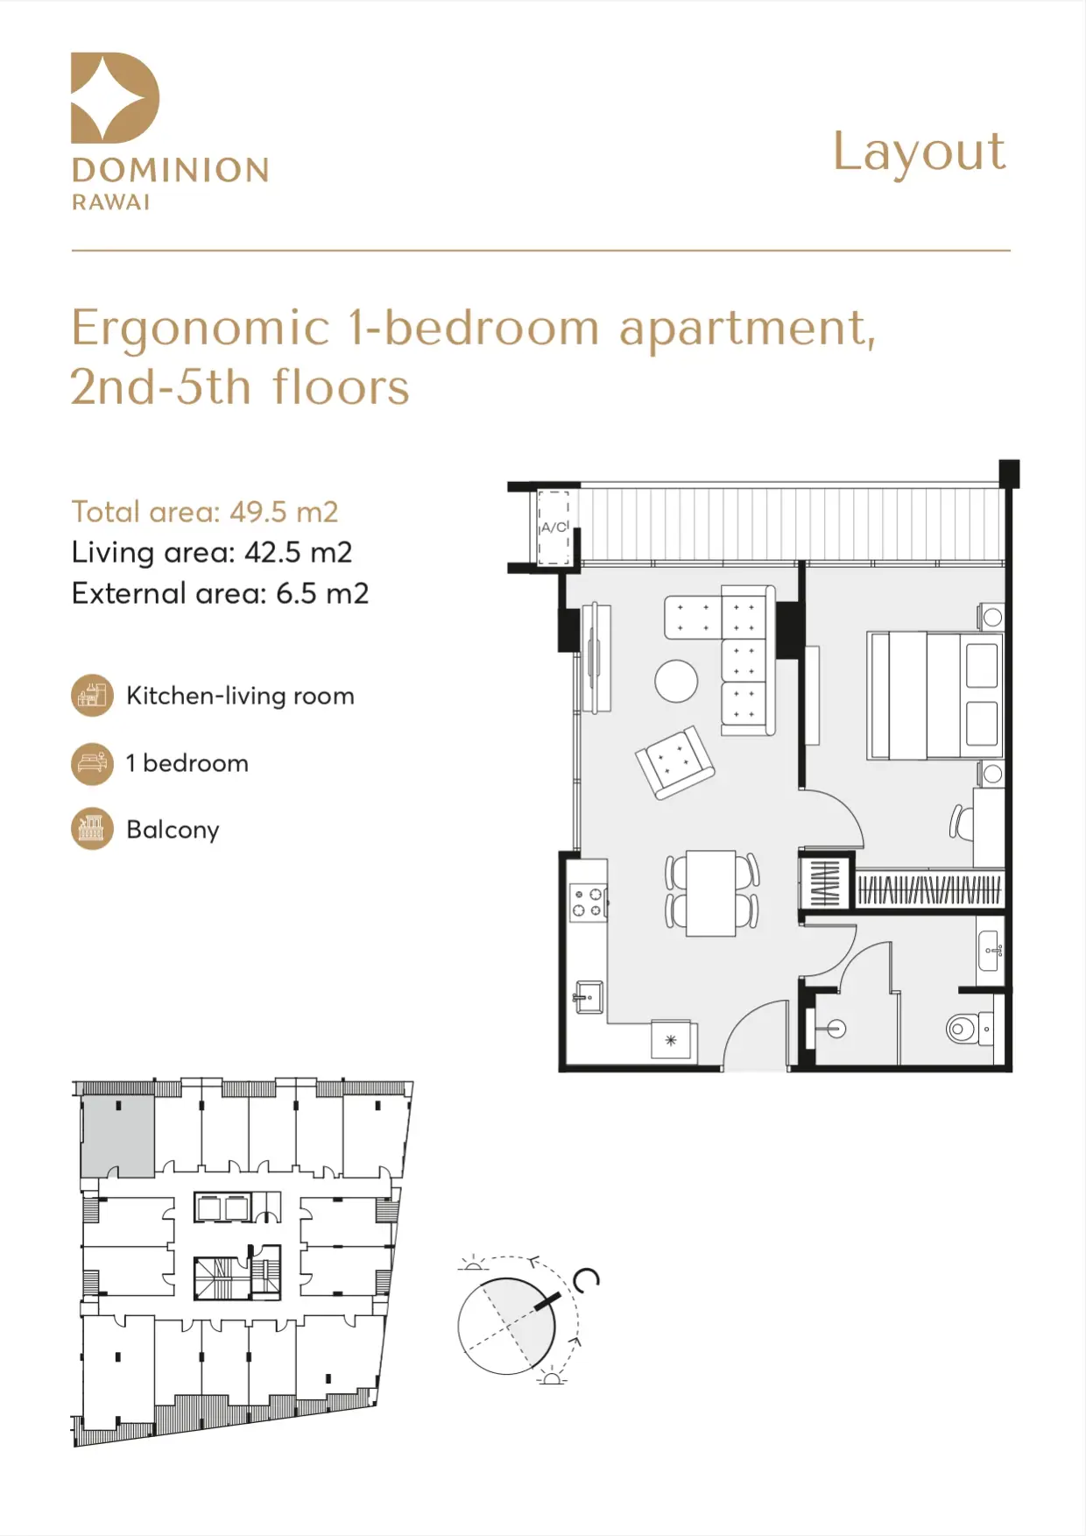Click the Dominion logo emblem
tap(115, 97)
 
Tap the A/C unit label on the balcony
tap(554, 527)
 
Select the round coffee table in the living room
tap(676, 681)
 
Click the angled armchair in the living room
tap(674, 761)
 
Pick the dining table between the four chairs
tap(710, 893)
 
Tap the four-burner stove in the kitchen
tap(588, 902)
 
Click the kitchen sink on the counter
tap(589, 997)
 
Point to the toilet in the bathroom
tap(970, 1028)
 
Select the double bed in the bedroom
tap(934, 695)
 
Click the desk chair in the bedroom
tap(961, 823)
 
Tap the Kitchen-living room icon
tap(92, 696)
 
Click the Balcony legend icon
tap(92, 829)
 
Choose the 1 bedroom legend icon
tap(92, 763)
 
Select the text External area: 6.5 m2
tap(220, 593)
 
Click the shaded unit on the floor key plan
tap(118, 1136)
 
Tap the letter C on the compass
tap(586, 1280)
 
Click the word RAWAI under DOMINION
tap(110, 202)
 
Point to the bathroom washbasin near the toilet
tap(991, 950)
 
